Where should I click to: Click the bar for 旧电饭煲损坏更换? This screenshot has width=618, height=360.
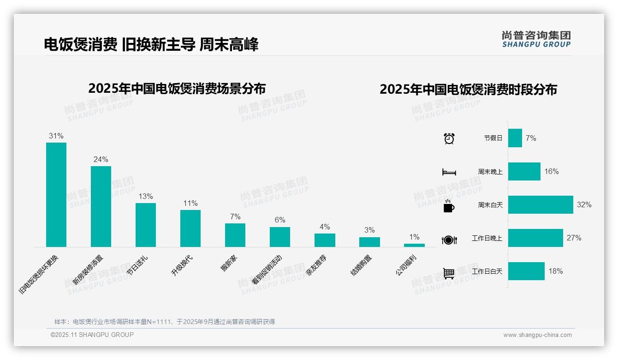pos(56,195)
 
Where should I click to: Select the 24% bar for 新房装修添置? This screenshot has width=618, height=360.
pos(101,206)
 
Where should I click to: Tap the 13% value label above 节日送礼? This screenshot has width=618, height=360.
pos(146,196)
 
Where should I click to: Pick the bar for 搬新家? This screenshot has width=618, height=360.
pos(235,235)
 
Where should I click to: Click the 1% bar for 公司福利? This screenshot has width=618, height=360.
pos(414,245)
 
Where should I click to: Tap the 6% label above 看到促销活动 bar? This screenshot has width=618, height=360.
pos(280,220)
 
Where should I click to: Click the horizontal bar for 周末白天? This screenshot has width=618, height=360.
pos(541,204)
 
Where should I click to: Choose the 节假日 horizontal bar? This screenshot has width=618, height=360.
pos(515,138)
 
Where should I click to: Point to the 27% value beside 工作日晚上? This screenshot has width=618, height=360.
pos(574,238)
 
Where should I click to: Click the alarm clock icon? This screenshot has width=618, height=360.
pos(449,138)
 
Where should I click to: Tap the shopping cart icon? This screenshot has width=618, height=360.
pos(449,274)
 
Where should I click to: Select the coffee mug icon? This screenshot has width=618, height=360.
pos(449,206)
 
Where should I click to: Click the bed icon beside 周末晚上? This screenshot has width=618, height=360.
pos(449,172)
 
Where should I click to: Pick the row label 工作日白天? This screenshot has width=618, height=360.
pos(487,271)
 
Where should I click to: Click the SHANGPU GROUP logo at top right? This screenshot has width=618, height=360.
pos(536,39)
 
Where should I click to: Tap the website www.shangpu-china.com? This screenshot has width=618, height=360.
pos(537,335)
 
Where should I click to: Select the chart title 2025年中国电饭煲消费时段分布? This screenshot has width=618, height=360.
pos(468,89)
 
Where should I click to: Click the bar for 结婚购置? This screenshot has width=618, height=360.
pos(369,242)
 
